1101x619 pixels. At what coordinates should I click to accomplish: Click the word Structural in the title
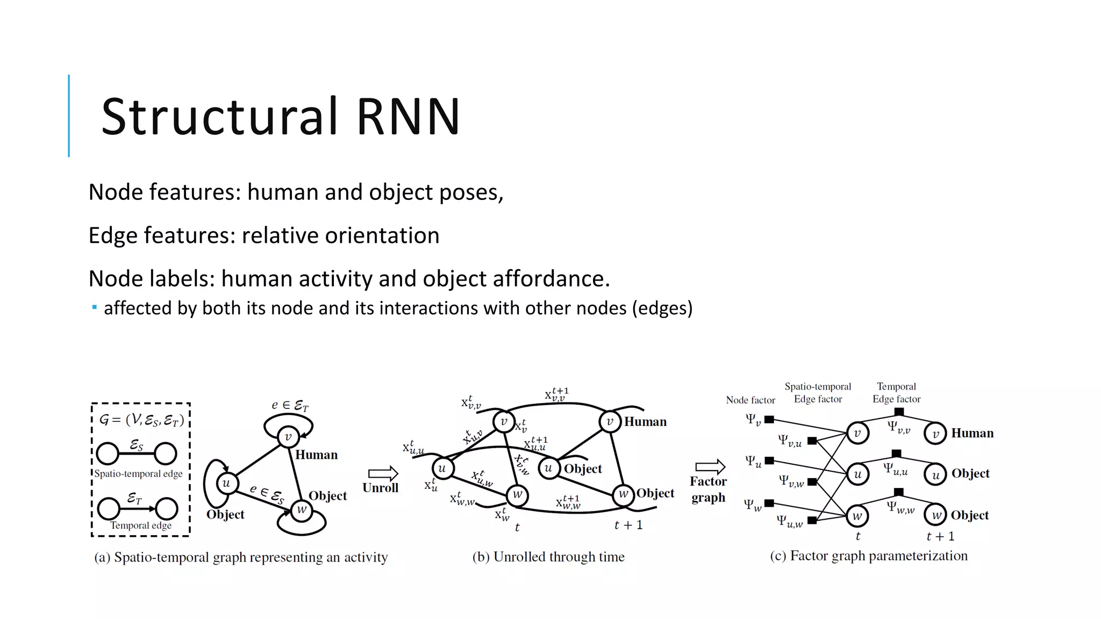[x=220, y=117]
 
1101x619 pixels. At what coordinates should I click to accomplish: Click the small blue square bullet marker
[x=95, y=308]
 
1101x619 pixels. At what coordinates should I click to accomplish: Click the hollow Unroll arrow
[x=383, y=473]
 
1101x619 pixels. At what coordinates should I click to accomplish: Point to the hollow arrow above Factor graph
[x=710, y=467]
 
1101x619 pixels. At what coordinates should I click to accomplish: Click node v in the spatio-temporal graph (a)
[x=288, y=437]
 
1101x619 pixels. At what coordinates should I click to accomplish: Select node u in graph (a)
[x=226, y=483]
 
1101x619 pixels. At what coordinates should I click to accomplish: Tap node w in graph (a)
[x=302, y=509]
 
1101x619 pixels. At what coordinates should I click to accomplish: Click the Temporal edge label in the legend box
[x=141, y=526]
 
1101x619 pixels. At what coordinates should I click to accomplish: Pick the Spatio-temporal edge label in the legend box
[x=138, y=474]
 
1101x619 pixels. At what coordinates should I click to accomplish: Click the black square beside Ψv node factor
[x=769, y=420]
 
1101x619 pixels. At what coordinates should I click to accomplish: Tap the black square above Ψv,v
[x=899, y=412]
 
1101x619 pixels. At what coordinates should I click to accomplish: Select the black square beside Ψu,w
[x=812, y=520]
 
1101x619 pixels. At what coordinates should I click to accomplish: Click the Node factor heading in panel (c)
[x=750, y=400]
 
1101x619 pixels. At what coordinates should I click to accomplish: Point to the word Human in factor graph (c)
[x=972, y=433]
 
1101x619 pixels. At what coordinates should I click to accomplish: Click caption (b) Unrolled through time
[x=548, y=557]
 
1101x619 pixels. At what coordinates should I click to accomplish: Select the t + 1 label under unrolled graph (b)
[x=628, y=525]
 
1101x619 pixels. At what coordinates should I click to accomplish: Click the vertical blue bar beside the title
[x=69, y=116]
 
